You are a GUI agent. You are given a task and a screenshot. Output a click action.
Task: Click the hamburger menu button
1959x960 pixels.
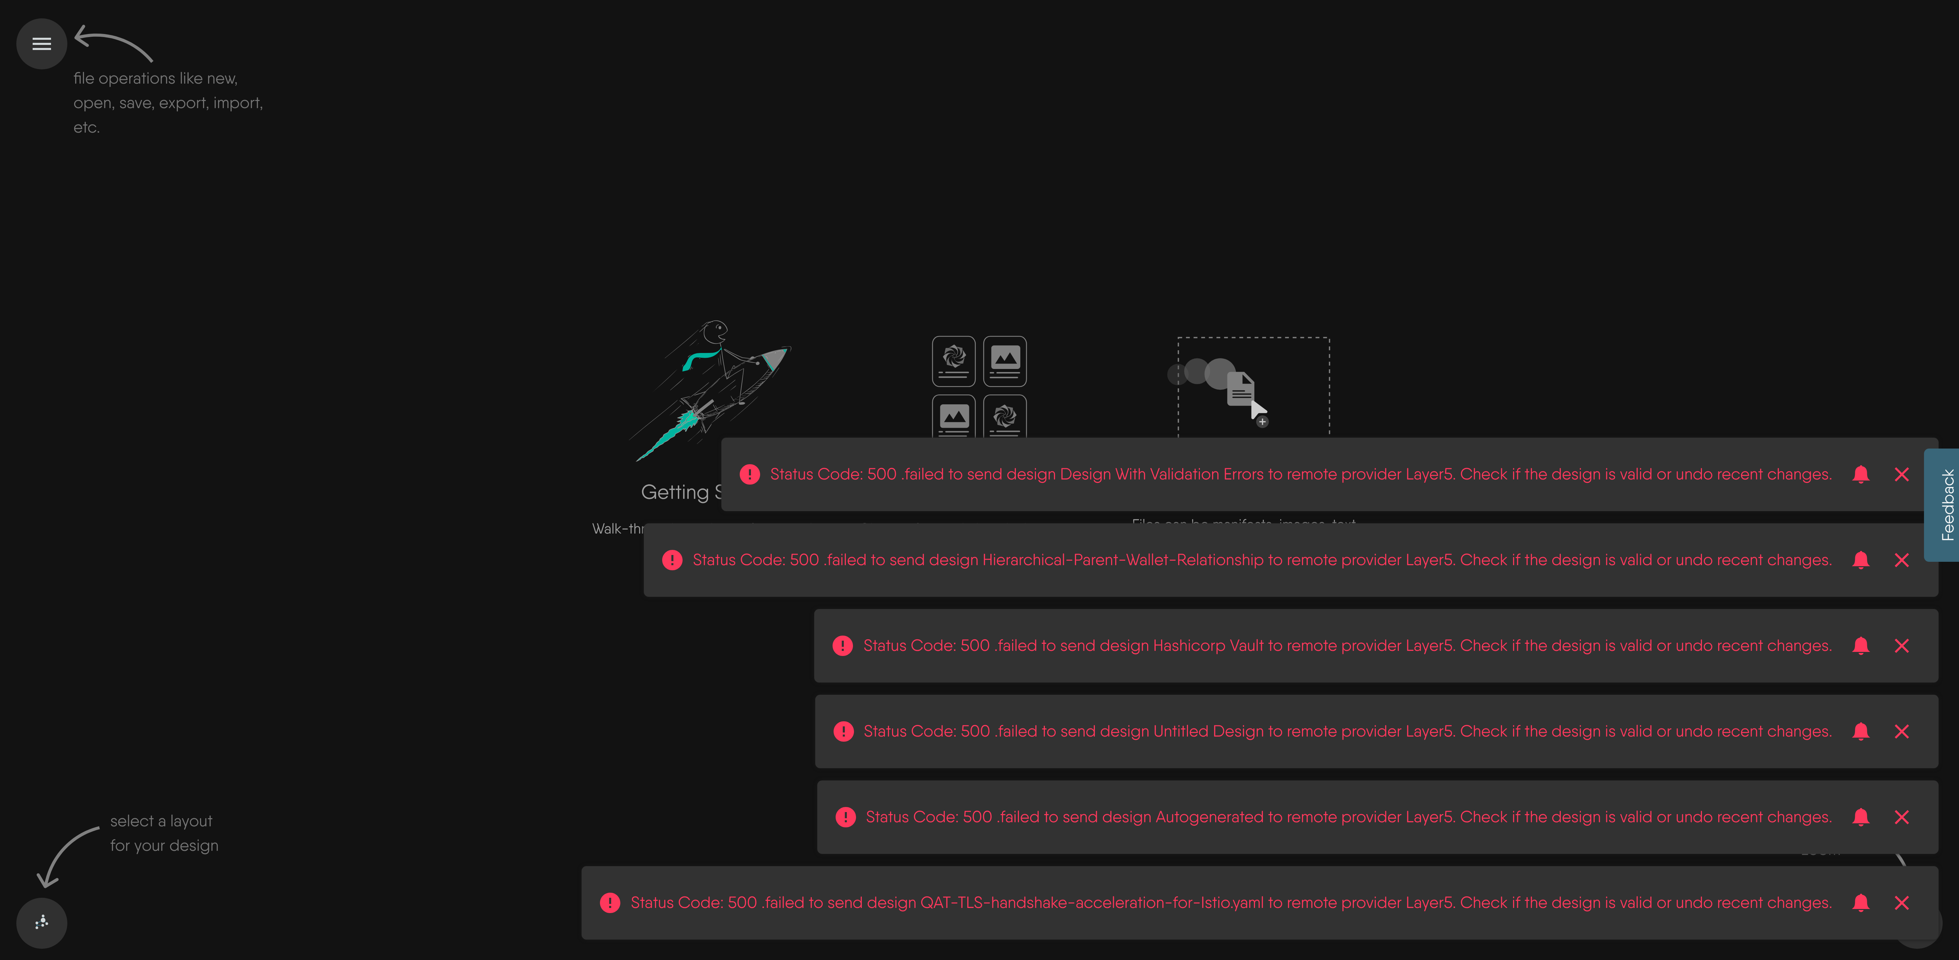[42, 44]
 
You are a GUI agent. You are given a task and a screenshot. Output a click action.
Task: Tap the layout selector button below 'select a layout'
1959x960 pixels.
[42, 923]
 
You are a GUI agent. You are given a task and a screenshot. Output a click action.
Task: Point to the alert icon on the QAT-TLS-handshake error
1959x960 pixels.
[610, 903]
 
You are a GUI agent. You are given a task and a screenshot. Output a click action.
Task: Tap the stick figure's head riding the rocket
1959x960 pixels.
[715, 332]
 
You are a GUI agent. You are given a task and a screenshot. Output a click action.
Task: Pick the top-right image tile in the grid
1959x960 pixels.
[1005, 361]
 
